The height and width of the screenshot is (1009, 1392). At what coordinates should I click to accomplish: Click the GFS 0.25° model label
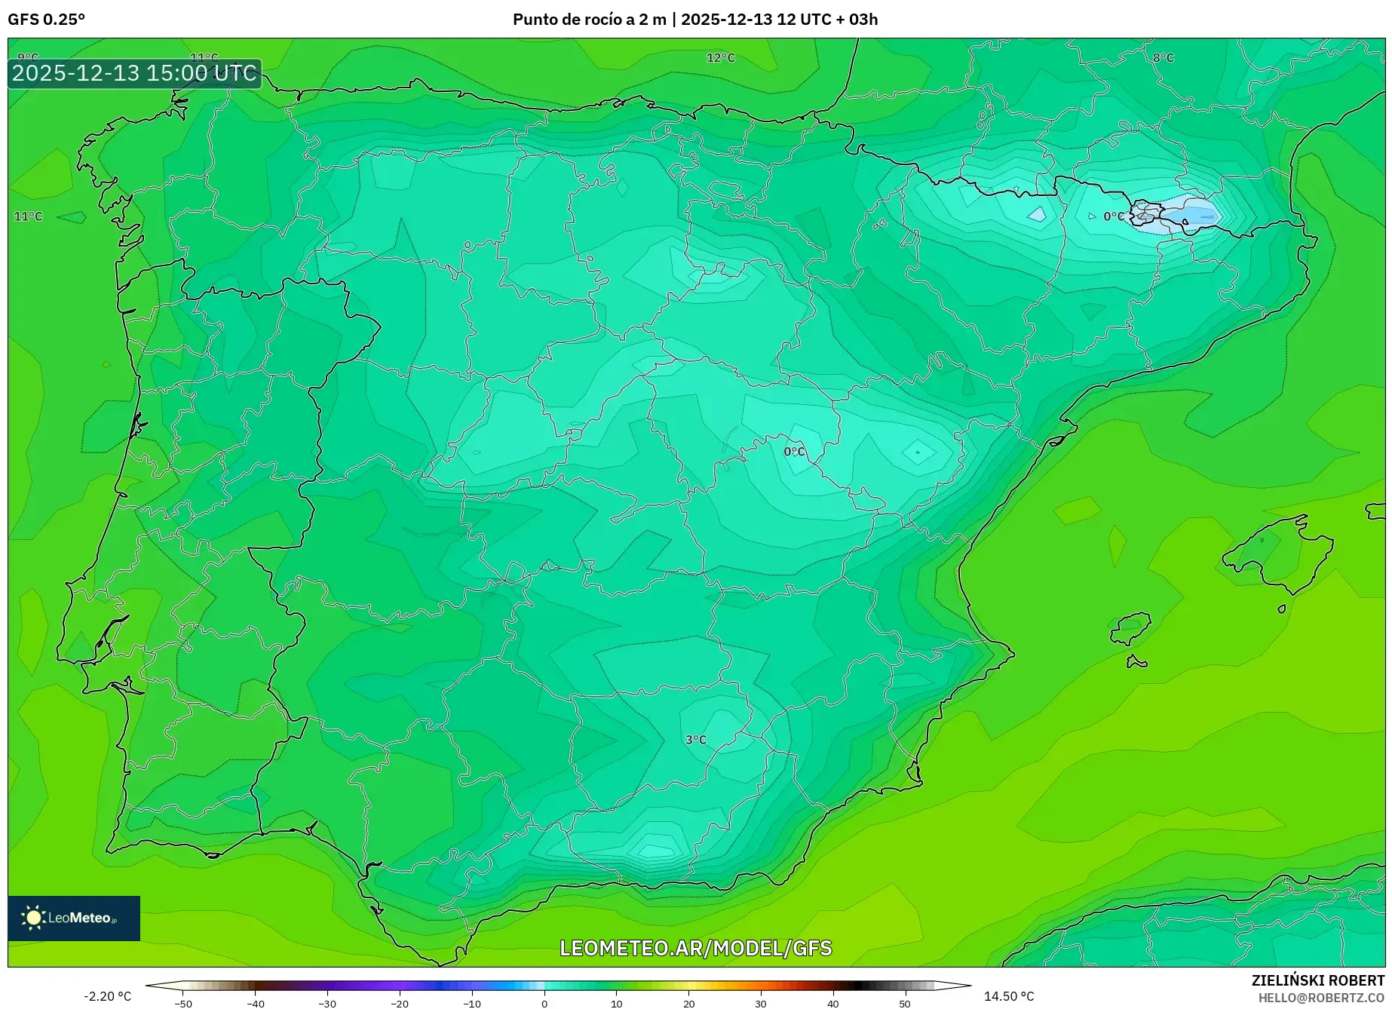point(46,20)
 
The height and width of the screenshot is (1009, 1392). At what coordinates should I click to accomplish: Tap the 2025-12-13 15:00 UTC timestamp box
point(134,73)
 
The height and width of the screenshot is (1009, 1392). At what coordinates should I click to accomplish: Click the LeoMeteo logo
point(73,918)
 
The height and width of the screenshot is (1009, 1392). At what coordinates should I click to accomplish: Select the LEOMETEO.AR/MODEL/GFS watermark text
point(695,948)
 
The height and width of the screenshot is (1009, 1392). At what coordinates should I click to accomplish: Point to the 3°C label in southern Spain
point(695,740)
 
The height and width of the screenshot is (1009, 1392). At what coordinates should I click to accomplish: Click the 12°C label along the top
point(720,58)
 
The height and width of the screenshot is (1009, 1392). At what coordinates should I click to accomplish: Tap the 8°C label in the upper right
point(1163,58)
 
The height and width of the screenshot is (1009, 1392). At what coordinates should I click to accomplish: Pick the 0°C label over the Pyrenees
point(1113,216)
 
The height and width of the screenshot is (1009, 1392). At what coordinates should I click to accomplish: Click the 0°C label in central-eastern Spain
point(794,452)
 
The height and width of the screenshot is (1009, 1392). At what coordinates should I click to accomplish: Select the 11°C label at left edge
point(28,216)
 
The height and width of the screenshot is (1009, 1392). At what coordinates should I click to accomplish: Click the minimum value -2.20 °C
point(107,996)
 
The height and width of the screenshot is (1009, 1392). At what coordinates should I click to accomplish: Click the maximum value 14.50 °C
point(1009,996)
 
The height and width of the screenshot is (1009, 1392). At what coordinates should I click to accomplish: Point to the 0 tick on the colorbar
point(544,1003)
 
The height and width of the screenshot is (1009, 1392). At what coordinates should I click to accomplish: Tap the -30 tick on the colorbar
point(327,1003)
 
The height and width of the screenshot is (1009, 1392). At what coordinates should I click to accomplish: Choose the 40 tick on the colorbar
point(832,1003)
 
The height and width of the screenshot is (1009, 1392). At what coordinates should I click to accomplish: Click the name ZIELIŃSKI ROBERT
point(1317,980)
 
